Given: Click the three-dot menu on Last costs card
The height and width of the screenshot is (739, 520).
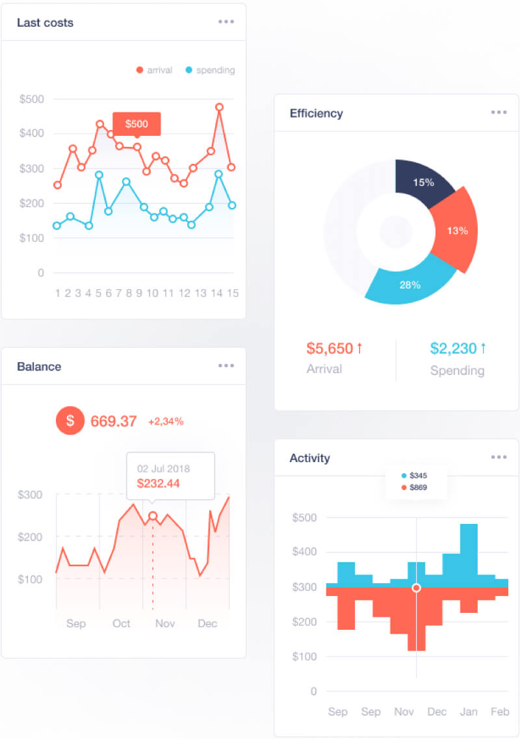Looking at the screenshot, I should coord(226,21).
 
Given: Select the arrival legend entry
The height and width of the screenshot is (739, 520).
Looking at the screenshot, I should coord(154,70).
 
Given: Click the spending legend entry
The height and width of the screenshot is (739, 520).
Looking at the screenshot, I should coord(210,70).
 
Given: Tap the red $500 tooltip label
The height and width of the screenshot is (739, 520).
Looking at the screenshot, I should coord(136,123).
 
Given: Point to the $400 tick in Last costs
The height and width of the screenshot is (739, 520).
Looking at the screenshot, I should coord(32,134).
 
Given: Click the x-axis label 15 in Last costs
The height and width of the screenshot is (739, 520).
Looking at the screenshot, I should coord(232,293).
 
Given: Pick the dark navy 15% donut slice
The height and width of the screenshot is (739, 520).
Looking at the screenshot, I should coord(422,184).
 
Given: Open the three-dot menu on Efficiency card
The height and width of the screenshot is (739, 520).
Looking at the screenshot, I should coord(499,112).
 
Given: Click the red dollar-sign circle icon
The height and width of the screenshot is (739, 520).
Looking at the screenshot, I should coord(70,421).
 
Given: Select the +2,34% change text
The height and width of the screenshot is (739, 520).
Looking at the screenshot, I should coord(166,421).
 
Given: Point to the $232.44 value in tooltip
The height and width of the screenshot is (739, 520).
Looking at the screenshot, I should coord(159,484).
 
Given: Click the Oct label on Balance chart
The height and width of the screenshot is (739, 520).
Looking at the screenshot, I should coord(122,623).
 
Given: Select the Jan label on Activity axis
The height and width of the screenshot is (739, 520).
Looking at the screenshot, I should coord(469,712).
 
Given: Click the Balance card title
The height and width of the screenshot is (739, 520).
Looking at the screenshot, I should coord(39,367).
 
